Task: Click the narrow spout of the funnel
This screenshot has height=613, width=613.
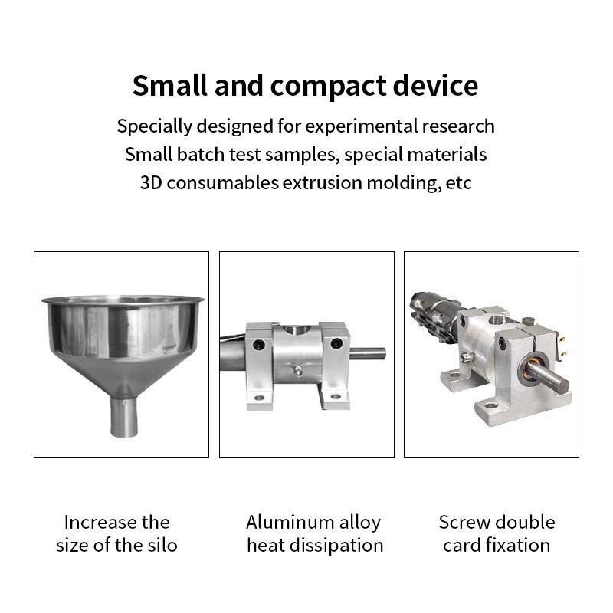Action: tap(123, 417)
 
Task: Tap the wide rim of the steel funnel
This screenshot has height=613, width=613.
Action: tap(123, 300)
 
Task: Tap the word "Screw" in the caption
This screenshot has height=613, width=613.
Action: tap(465, 523)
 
